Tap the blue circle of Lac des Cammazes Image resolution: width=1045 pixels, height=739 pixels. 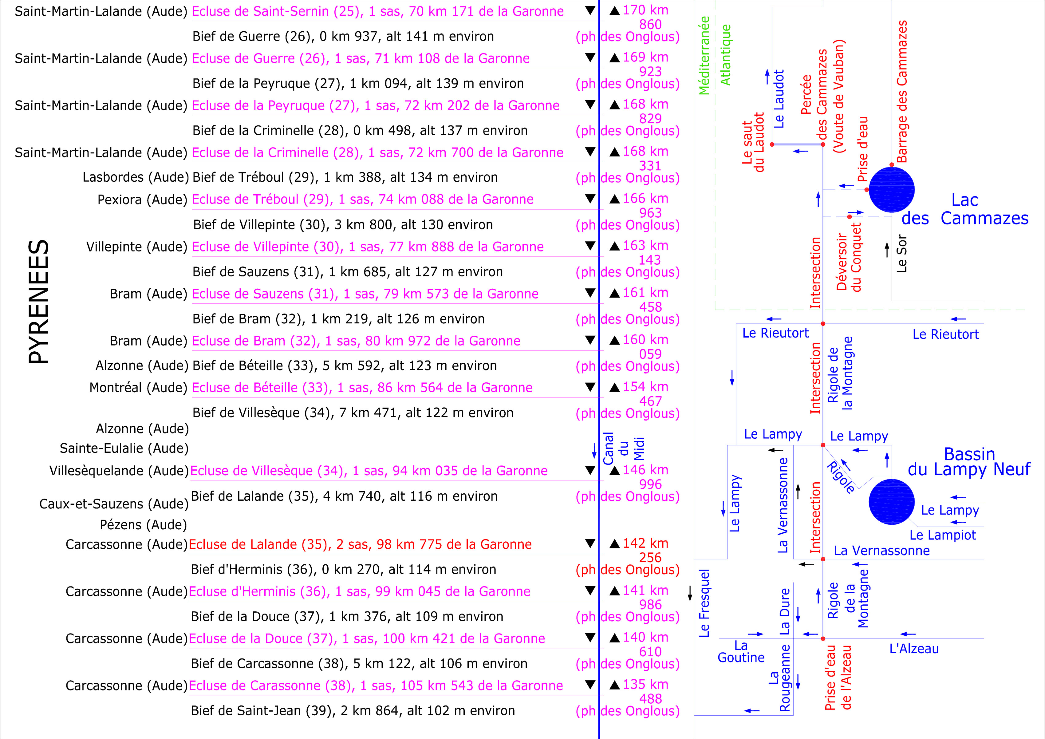(x=891, y=189)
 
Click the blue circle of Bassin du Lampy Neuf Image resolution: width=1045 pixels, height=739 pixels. (x=891, y=501)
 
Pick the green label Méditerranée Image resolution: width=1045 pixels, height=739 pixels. (x=704, y=56)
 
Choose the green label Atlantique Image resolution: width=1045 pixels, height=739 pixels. (x=725, y=55)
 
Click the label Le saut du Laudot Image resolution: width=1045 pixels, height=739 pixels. (x=753, y=142)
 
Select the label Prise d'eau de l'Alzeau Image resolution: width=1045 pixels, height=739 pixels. (x=838, y=678)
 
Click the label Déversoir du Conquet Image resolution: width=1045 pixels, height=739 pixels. (x=849, y=257)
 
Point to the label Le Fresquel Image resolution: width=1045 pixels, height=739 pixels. (x=704, y=603)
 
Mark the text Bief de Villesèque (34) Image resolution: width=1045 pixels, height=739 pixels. (x=353, y=413)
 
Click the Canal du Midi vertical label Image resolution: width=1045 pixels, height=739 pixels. (x=624, y=449)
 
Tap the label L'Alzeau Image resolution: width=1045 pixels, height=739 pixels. (x=914, y=649)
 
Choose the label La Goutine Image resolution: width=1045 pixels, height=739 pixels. (x=741, y=652)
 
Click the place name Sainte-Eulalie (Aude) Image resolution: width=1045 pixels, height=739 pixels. (x=124, y=449)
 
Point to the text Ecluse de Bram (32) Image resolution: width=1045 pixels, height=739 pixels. (x=356, y=341)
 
